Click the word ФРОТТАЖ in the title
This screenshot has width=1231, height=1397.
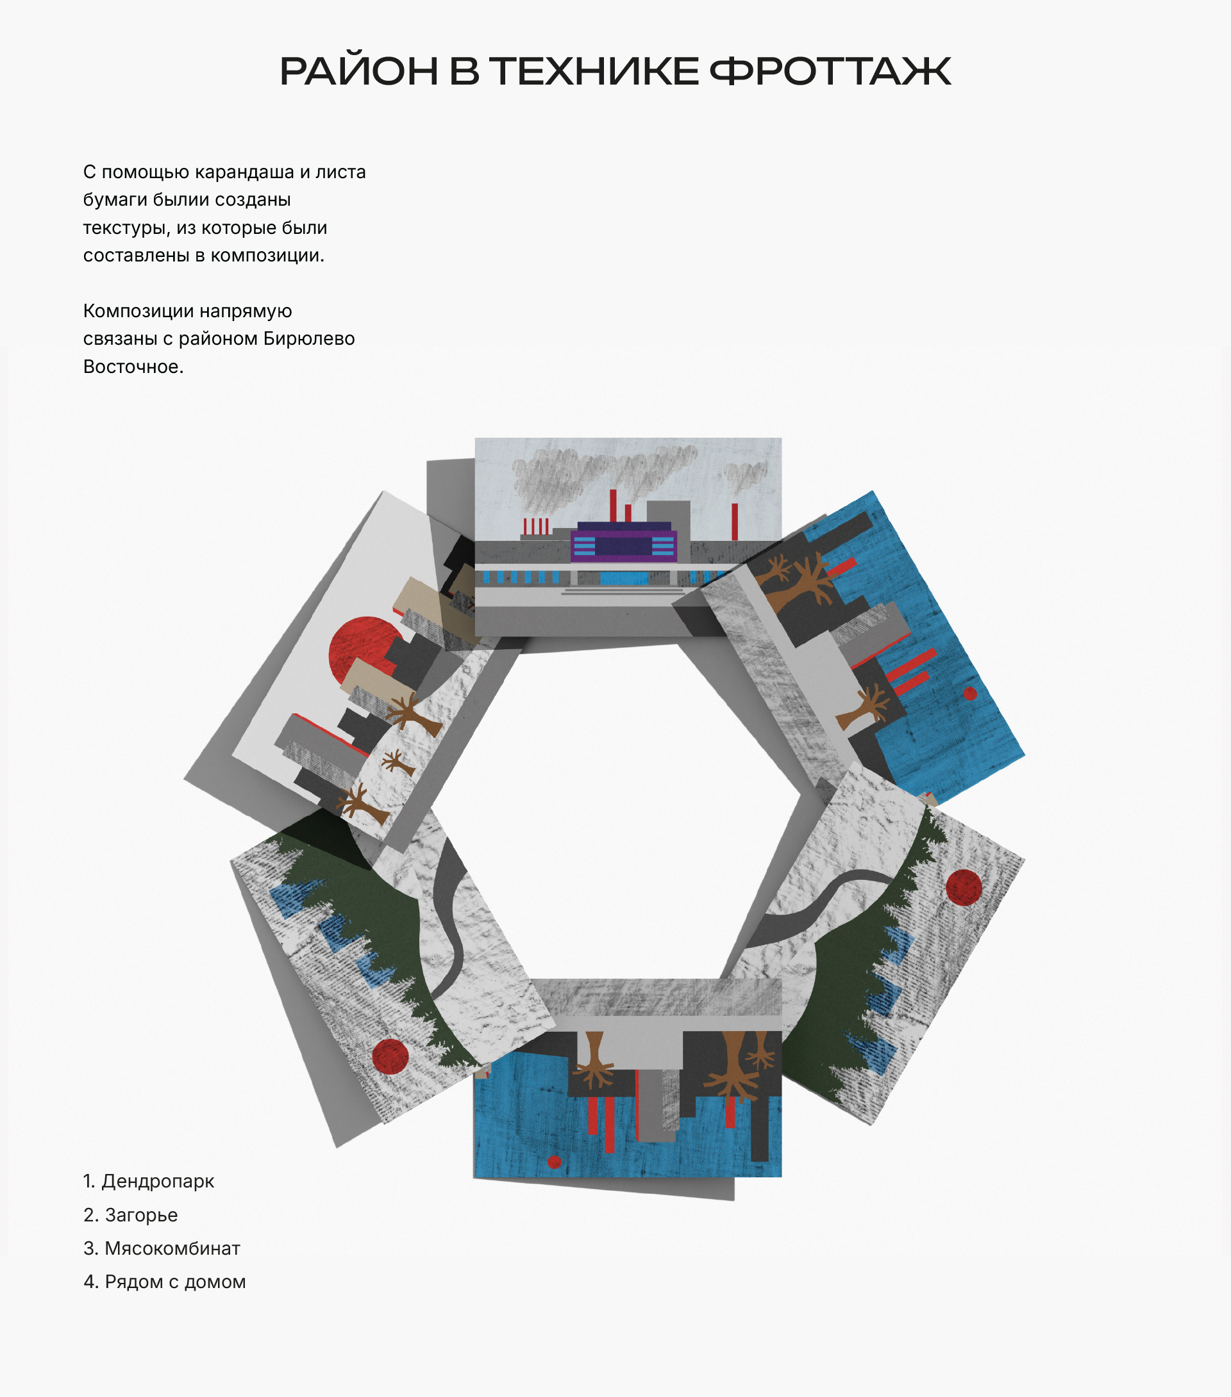pos(830,72)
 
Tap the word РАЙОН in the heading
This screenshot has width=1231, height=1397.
pos(358,72)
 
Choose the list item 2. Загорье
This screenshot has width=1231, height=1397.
pos(131,1214)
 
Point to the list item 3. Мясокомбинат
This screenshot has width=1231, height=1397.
pos(162,1248)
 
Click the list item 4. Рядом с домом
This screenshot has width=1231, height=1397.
pos(165,1282)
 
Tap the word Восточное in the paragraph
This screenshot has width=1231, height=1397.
pos(133,367)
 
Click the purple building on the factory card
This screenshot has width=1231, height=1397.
pos(624,543)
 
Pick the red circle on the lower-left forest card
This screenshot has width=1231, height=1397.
pos(390,1057)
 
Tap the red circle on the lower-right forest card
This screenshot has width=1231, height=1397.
pos(964,887)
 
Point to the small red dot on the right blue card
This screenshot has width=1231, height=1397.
pos(970,694)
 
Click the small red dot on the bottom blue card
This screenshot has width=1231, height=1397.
pos(555,1162)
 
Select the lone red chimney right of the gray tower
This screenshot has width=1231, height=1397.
pos(735,522)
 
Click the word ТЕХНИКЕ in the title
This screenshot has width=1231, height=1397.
pos(594,72)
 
